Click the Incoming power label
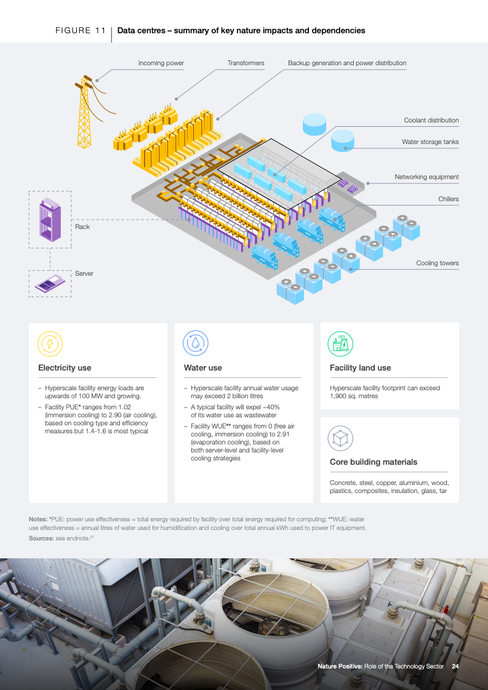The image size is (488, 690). [x=161, y=63]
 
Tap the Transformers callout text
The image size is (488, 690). [x=246, y=63]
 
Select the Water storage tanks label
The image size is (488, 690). [x=430, y=142]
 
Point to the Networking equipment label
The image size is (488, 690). [x=426, y=177]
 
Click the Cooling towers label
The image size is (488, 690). [x=438, y=263]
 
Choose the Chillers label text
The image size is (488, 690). [x=449, y=199]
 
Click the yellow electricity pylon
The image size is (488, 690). [x=84, y=113]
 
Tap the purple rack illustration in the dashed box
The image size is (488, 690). [x=50, y=220]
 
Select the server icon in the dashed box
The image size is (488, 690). [x=50, y=283]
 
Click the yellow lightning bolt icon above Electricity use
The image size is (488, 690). [x=50, y=343]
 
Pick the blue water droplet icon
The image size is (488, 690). [x=195, y=343]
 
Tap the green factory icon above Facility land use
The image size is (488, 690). [x=340, y=343]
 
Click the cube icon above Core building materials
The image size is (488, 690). [x=340, y=438]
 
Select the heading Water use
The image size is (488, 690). [x=203, y=368]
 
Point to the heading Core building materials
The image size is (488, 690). [x=374, y=462]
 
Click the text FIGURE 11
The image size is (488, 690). [x=81, y=31]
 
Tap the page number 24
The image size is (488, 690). [x=455, y=666]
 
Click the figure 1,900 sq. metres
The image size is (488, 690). [x=354, y=396]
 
